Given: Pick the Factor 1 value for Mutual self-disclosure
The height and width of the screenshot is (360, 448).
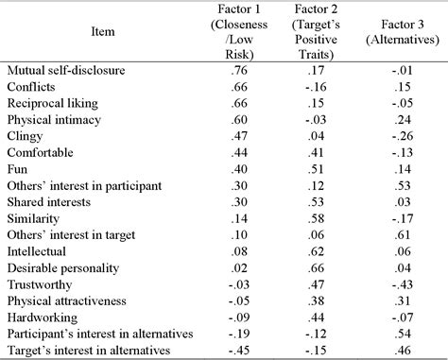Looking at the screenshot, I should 238,70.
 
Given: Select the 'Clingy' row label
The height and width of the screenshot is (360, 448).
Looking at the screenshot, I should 25,136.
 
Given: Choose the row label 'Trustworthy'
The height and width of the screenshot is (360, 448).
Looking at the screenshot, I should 37,285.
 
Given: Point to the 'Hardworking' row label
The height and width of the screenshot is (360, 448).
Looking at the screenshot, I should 40,318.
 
